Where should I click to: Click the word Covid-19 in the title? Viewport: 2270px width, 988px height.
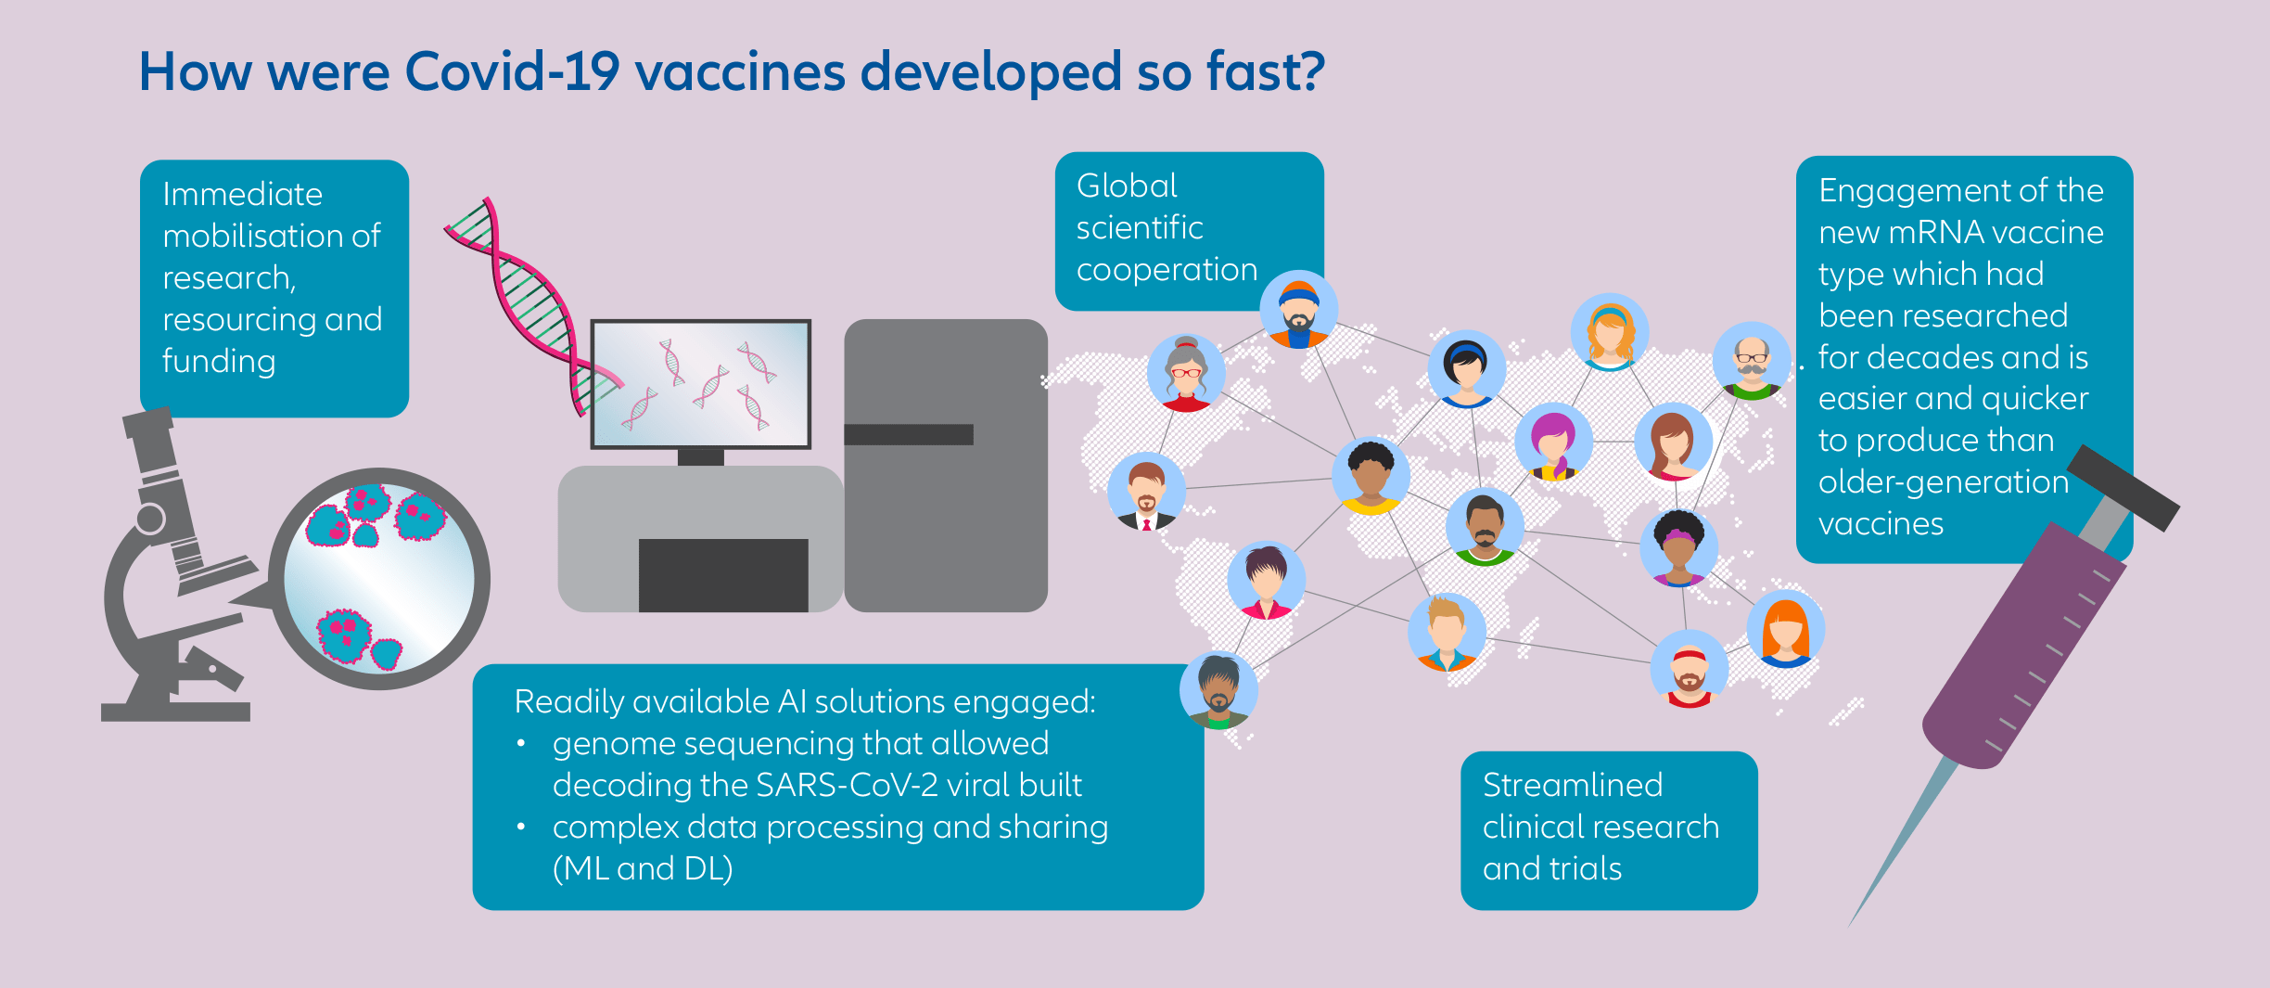pyautogui.click(x=513, y=72)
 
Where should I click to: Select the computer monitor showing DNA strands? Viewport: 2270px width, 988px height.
pyautogui.click(x=701, y=384)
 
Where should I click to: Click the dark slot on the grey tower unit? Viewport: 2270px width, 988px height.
pyautogui.click(x=909, y=434)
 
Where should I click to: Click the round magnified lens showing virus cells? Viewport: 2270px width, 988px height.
pyautogui.click(x=379, y=579)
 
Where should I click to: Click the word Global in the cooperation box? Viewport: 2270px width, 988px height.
pyautogui.click(x=1127, y=186)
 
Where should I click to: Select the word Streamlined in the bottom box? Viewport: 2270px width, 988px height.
pyautogui.click(x=1573, y=785)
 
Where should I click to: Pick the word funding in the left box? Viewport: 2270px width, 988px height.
pyautogui.click(x=219, y=361)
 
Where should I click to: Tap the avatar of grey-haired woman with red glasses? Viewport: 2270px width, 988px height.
pyautogui.click(x=1186, y=373)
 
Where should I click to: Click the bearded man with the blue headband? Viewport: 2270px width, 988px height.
pyautogui.click(x=1298, y=310)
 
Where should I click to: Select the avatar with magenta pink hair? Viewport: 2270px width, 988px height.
pyautogui.click(x=1554, y=442)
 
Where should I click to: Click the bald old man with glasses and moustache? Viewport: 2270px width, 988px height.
pyautogui.click(x=1752, y=361)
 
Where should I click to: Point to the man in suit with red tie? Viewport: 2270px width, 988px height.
pyautogui.click(x=1147, y=491)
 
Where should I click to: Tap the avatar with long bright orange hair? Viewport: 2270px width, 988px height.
pyautogui.click(x=1786, y=629)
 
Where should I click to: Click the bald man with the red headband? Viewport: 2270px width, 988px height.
pyautogui.click(x=1690, y=668)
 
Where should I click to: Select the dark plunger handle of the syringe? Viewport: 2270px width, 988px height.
pyautogui.click(x=2123, y=488)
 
